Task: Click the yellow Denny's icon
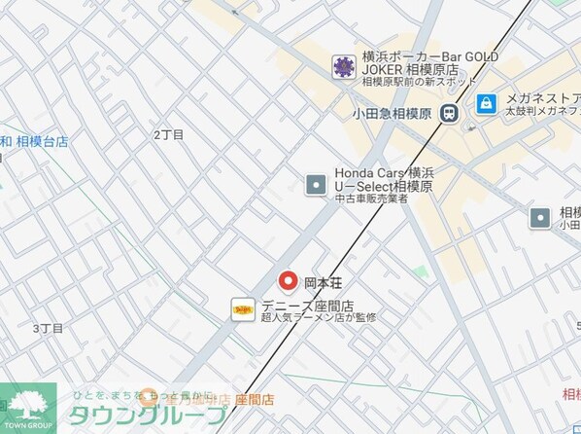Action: [x=243, y=309]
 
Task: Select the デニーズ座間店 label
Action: [x=306, y=304]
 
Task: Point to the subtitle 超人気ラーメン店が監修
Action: [x=317, y=317]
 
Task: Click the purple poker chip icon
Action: [x=342, y=67]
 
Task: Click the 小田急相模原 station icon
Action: [x=448, y=112]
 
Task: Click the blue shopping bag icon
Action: [x=487, y=102]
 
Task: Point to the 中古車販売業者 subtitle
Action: [x=371, y=199]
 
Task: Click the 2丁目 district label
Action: [x=168, y=134]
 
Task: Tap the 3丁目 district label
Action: [x=48, y=329]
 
